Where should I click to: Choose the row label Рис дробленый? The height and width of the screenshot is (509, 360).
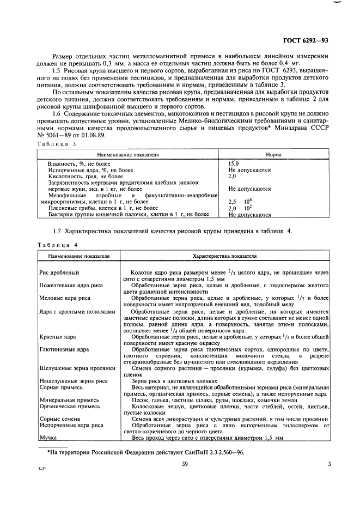coord(59,272)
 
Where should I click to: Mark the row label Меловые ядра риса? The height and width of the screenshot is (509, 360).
coord(65,298)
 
